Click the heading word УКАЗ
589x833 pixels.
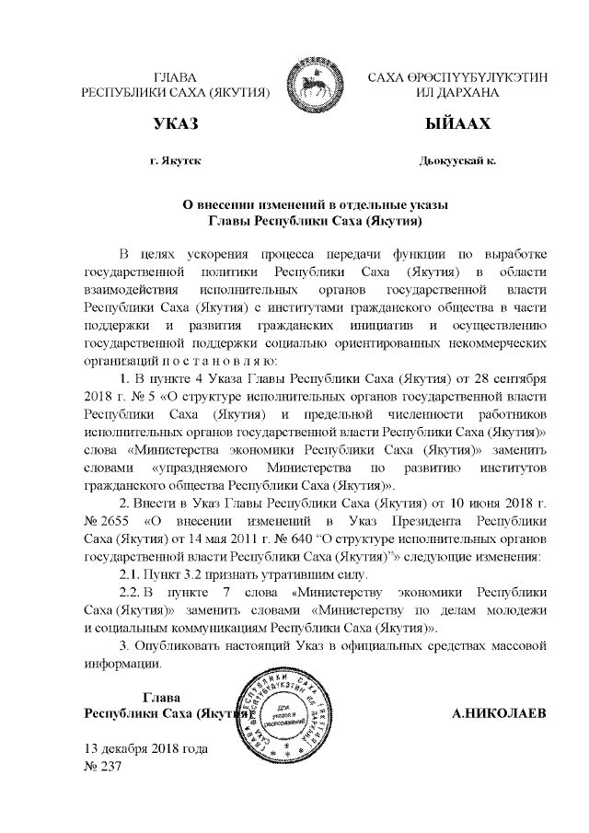[177, 123]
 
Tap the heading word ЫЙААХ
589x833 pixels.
[456, 123]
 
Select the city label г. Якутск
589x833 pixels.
[176, 160]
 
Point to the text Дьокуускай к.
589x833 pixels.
[456, 160]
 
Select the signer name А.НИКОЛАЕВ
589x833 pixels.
[501, 713]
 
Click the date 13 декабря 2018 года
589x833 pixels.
[145, 748]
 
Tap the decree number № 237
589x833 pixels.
[103, 767]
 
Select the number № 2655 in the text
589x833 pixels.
[103, 519]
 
